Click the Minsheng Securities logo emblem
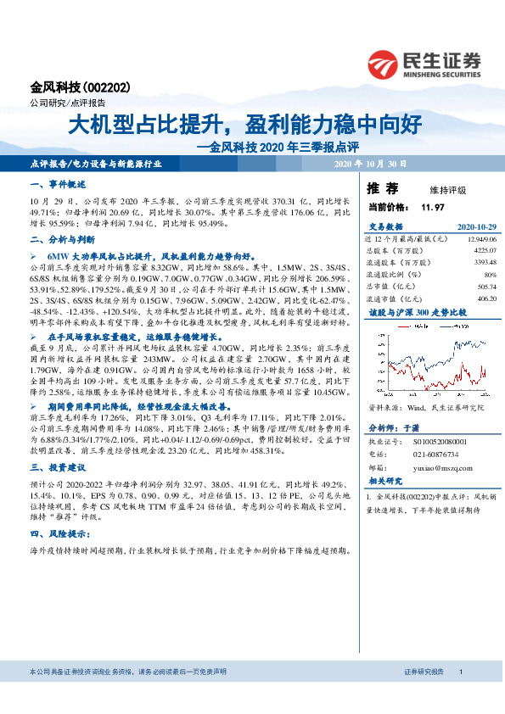[x=385, y=63]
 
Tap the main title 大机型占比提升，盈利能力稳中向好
[x=245, y=126]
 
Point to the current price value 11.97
[x=433, y=207]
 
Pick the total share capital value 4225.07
[x=482, y=251]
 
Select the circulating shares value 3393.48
[x=482, y=263]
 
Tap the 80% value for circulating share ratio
[x=488, y=275]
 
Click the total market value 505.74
[x=485, y=287]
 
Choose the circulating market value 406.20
[x=485, y=298]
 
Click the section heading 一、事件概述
[x=53, y=184]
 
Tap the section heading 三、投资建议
[x=53, y=467]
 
